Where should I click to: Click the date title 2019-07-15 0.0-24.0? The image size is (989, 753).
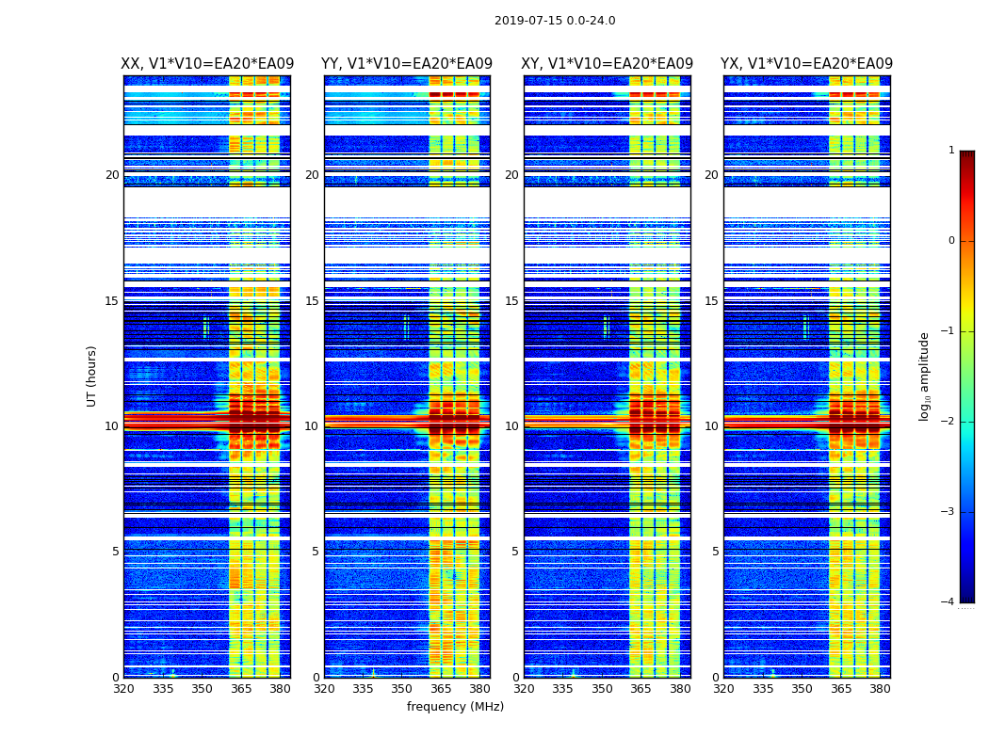pos(555,21)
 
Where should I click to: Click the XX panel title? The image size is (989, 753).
pos(207,64)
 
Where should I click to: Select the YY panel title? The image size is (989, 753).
pos(407,64)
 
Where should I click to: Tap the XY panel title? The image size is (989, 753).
pos(608,64)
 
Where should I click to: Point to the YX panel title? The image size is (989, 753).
pos(807,64)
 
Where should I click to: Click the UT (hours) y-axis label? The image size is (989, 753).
pos(92,376)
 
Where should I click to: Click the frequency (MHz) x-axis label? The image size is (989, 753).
pos(455,707)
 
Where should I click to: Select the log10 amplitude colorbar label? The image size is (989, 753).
pos(925,376)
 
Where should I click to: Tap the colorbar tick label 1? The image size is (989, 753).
pos(951,151)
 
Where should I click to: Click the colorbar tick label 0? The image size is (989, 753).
pos(951,241)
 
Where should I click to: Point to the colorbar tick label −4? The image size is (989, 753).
pos(948,602)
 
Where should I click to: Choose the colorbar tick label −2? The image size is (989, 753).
pos(948,422)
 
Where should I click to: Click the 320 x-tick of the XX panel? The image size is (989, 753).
pos(123,689)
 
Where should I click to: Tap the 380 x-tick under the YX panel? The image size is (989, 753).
pos(880,689)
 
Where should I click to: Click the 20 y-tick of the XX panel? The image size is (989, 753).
pos(112,175)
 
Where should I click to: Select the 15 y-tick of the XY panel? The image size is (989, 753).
pos(511,301)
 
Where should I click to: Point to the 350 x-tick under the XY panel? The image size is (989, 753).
pos(602,689)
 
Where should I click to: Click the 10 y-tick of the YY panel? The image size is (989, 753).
pos(312,426)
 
